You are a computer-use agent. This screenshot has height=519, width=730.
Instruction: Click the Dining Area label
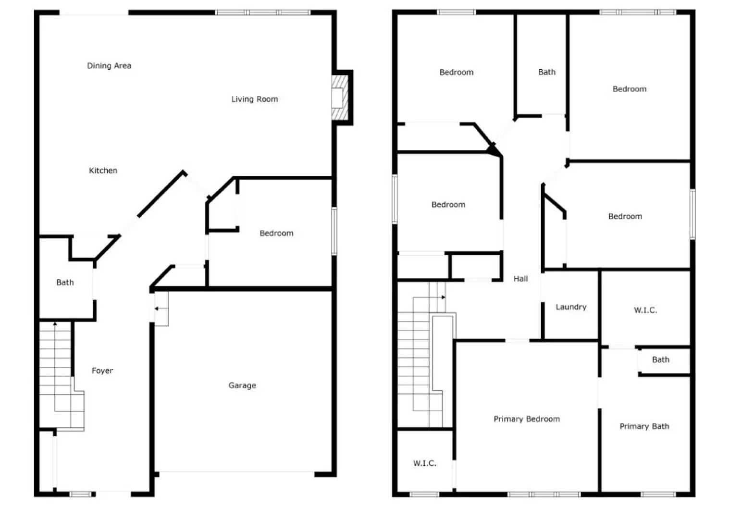point(109,66)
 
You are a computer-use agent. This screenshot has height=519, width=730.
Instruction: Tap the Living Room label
point(255,99)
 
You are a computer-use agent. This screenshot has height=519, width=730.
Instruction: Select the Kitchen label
point(103,171)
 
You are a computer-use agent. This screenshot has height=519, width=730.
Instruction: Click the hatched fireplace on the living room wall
point(339,98)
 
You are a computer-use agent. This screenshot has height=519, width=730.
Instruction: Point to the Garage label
point(242,385)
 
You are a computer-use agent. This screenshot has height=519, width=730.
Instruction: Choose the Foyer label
point(102,371)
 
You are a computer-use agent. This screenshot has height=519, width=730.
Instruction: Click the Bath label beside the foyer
point(65,283)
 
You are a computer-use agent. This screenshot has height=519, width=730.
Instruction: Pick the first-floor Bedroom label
point(276,233)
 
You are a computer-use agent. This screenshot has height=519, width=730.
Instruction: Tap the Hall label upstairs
point(520,279)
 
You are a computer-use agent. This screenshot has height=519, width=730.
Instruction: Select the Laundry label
point(571,307)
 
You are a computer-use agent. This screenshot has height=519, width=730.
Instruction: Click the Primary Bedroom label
point(527,419)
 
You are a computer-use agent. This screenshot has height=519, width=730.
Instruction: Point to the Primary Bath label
point(644,426)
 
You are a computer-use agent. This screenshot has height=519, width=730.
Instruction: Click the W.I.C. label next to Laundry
point(645,310)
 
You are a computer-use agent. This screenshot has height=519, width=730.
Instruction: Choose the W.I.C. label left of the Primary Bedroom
point(425,463)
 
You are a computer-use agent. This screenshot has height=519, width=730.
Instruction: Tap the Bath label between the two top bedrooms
point(547,72)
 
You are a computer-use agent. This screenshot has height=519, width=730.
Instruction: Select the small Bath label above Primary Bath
point(660,359)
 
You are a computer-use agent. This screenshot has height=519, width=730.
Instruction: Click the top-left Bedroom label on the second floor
point(456,73)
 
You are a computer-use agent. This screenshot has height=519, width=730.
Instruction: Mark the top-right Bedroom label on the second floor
point(629,89)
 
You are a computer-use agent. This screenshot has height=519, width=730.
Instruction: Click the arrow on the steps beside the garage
point(157,309)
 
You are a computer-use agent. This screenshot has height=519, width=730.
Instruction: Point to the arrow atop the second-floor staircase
point(443,297)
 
